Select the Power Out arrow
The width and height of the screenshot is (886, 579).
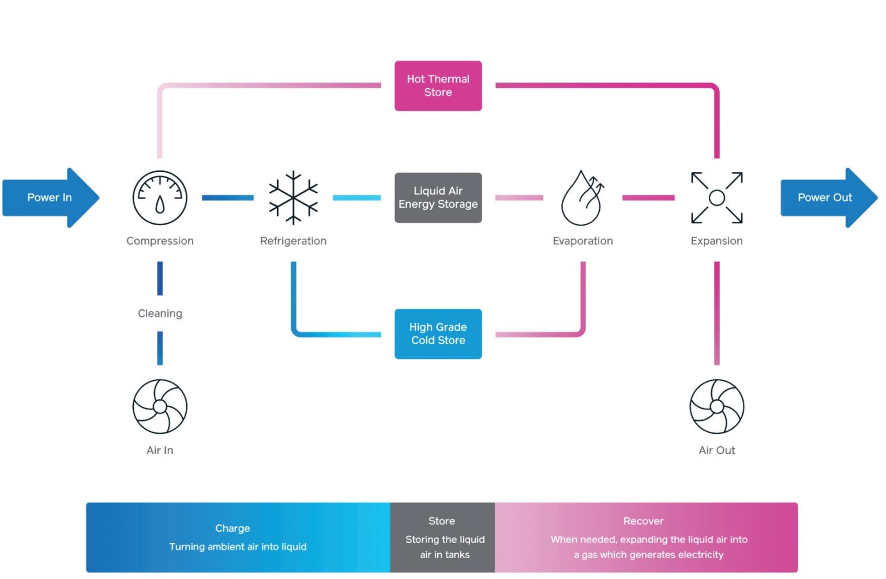click(x=827, y=197)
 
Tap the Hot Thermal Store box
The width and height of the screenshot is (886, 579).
click(x=438, y=85)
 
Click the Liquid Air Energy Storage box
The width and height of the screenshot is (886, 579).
click(x=438, y=197)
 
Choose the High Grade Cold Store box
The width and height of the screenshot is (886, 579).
click(x=438, y=334)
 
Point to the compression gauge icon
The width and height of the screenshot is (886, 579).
click(x=160, y=197)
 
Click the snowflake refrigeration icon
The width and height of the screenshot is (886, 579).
click(x=293, y=197)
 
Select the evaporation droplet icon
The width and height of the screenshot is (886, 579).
click(x=582, y=198)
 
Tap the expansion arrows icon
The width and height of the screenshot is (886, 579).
click(x=716, y=197)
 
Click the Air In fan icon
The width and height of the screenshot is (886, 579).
click(x=160, y=406)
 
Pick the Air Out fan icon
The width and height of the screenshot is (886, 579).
click(x=716, y=406)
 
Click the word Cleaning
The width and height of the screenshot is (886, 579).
click(x=160, y=313)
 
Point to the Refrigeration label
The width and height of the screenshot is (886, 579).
click(x=293, y=241)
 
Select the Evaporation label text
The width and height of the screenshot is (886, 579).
click(x=583, y=241)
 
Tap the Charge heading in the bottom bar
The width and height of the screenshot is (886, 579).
click(x=232, y=528)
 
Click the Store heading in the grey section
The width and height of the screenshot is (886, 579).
click(x=442, y=521)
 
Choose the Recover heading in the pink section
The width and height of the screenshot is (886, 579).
click(x=643, y=521)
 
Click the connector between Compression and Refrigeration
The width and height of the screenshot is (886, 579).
click(x=227, y=197)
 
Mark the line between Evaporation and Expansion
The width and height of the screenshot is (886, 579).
click(x=648, y=197)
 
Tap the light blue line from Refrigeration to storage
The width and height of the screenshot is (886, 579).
click(x=356, y=197)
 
